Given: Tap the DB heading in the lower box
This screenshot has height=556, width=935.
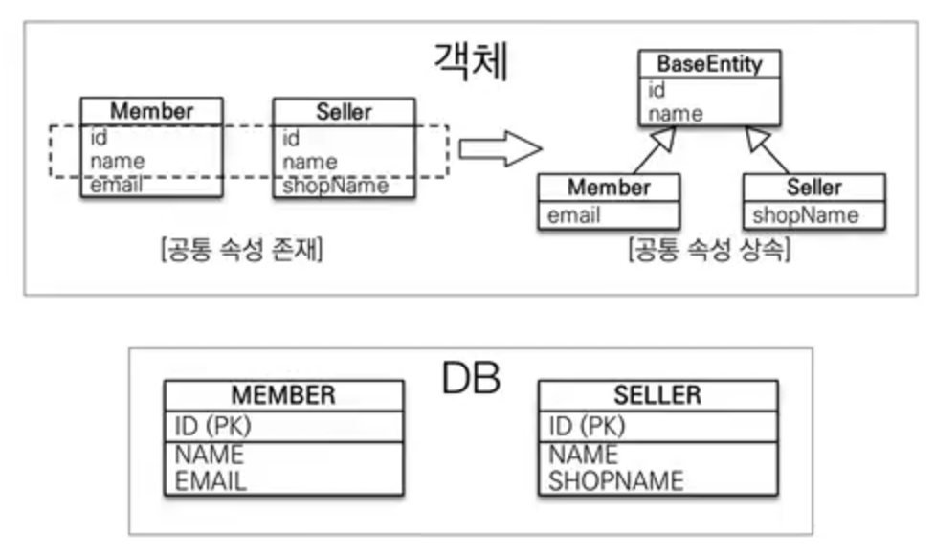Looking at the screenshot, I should (471, 379).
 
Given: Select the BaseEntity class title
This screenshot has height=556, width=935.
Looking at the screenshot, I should (709, 65).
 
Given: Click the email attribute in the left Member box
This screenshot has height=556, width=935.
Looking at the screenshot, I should (116, 186).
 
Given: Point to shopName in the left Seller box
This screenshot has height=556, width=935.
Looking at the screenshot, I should (335, 186).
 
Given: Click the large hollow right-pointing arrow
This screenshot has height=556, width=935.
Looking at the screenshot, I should (501, 148).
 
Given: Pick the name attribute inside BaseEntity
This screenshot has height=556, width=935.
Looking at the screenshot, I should (676, 114).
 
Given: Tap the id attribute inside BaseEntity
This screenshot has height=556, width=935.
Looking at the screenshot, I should (657, 91).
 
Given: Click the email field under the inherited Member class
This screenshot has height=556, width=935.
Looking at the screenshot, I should (573, 215).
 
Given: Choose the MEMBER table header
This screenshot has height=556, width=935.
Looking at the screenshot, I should (283, 394).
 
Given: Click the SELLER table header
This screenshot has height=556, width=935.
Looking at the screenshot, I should (657, 394).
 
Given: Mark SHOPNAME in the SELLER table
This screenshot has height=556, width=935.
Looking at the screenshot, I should (615, 480).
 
